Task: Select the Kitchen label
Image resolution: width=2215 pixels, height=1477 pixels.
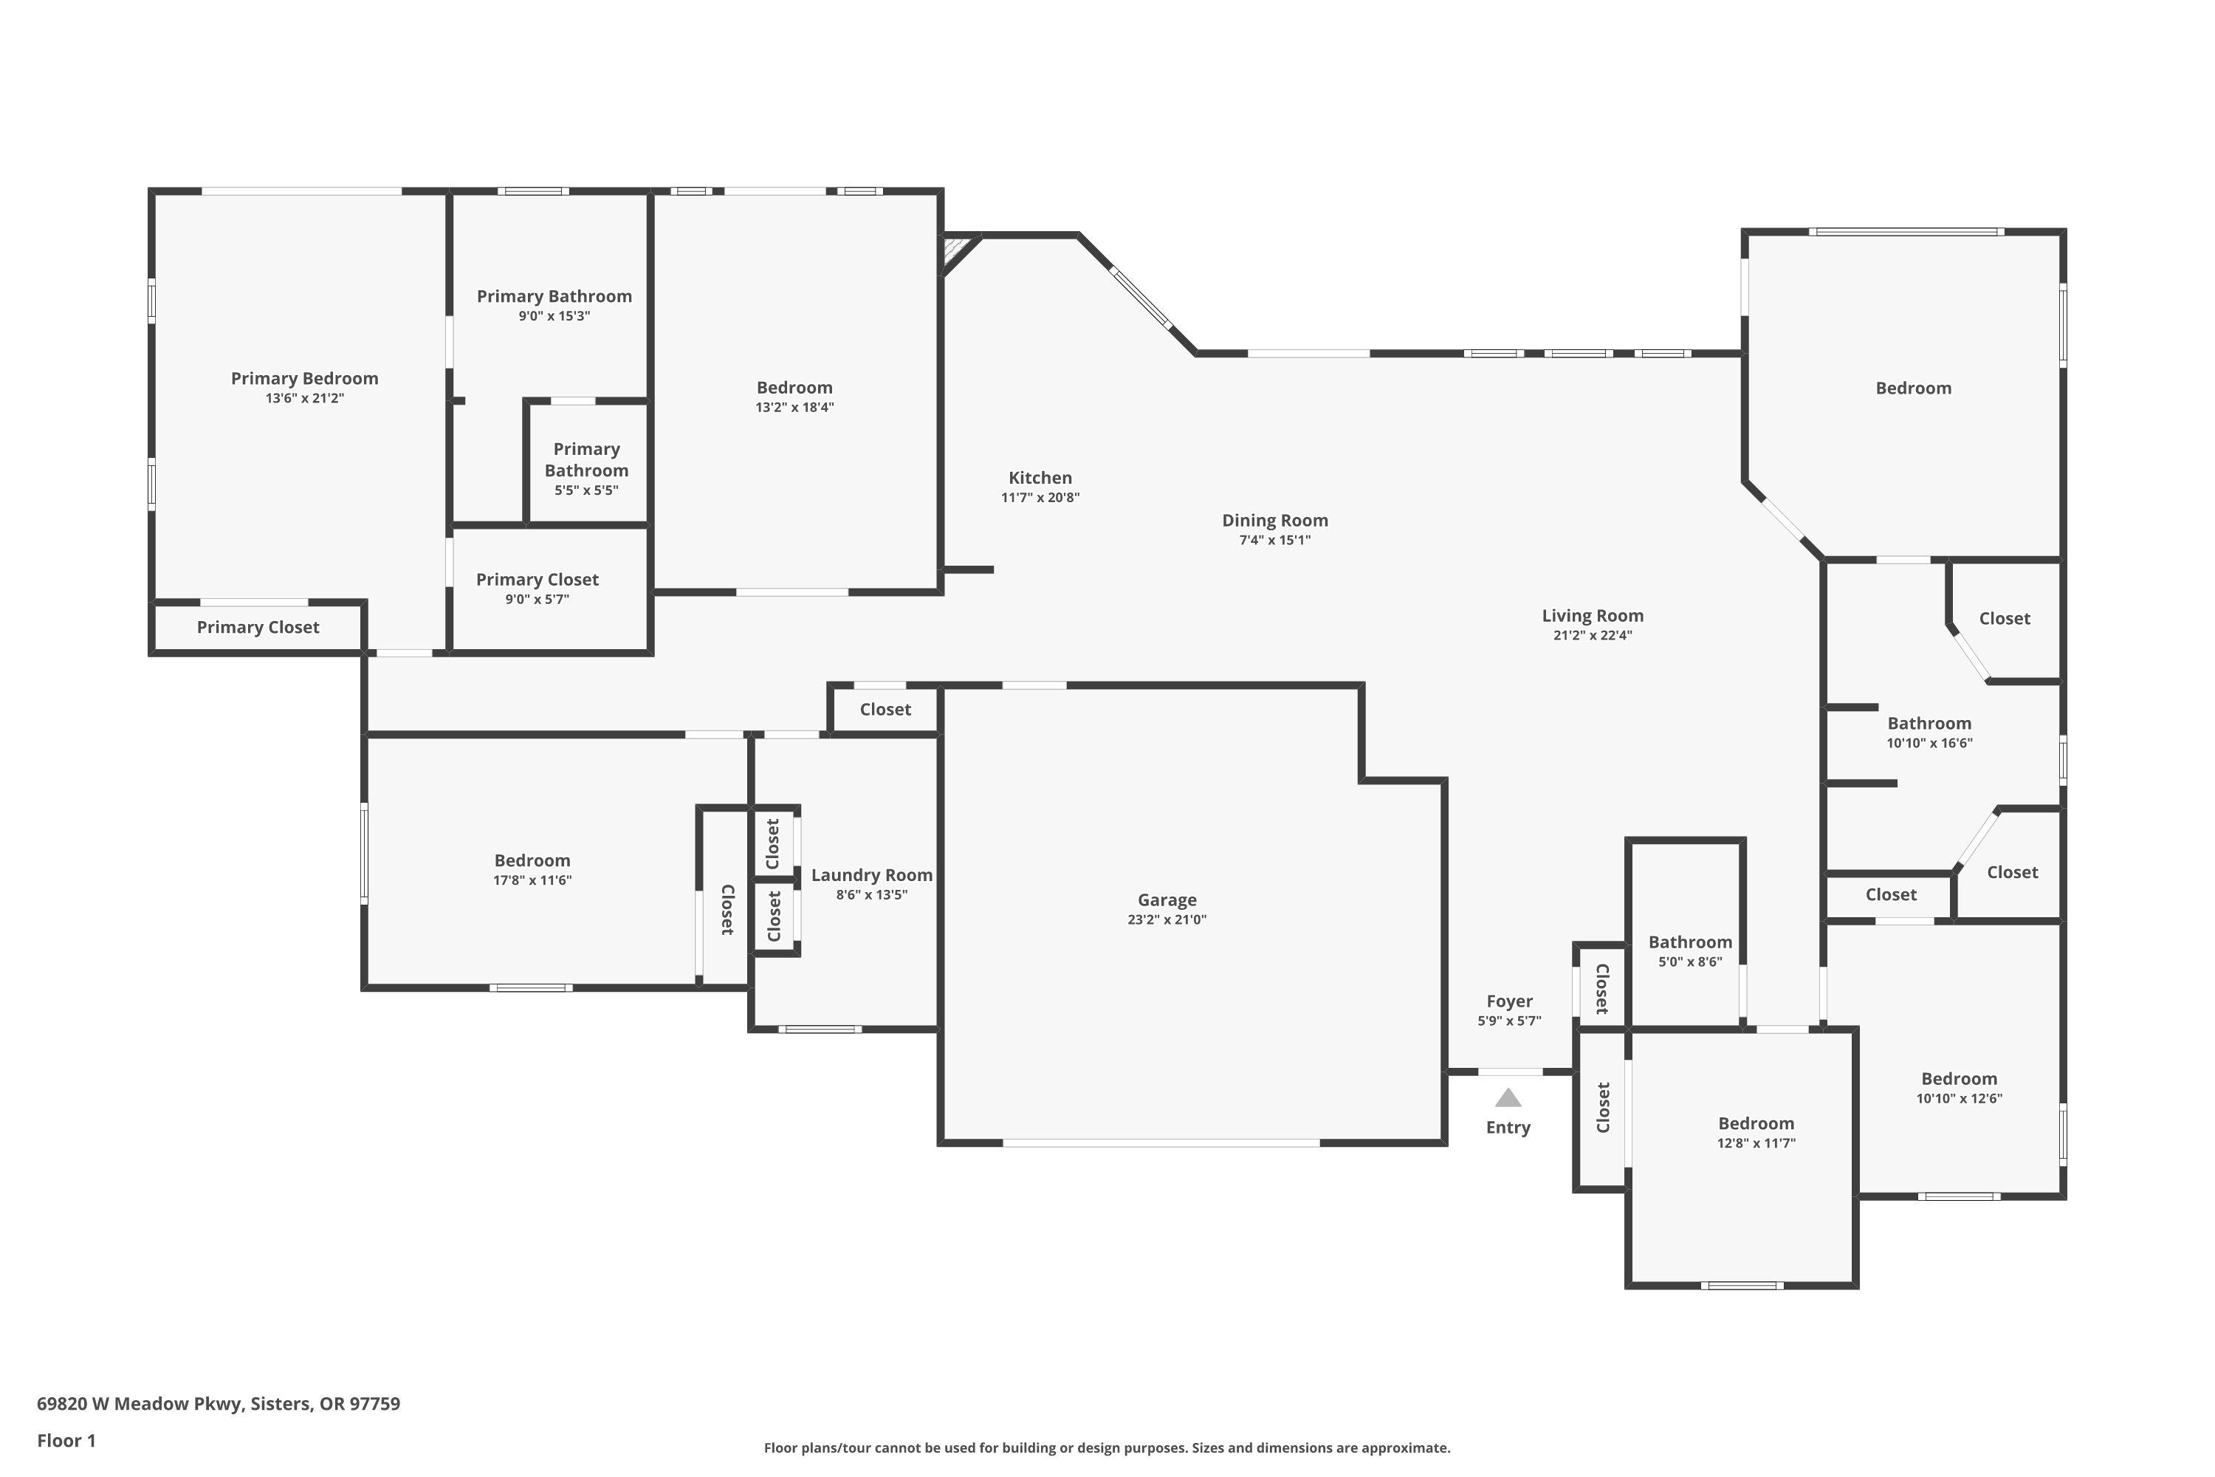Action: [x=1040, y=478]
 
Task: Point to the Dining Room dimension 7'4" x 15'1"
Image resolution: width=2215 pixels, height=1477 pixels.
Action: [x=1275, y=541]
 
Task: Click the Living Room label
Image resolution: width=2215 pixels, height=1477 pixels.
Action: [x=1593, y=616]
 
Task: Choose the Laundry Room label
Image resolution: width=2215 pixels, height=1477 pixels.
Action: [x=872, y=875]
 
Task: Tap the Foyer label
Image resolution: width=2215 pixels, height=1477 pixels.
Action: [x=1510, y=1001]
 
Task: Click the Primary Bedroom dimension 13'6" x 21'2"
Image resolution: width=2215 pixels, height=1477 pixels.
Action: [x=304, y=399]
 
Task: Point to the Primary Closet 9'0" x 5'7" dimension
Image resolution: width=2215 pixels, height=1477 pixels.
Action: [x=537, y=600]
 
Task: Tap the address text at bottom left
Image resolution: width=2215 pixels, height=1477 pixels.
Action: [x=219, y=1404]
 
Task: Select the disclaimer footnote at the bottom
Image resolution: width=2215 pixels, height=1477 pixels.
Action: [x=1107, y=1447]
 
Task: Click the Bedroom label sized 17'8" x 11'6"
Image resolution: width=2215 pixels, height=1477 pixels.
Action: [x=532, y=861]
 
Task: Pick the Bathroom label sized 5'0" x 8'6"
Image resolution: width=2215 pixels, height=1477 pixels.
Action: [x=1691, y=942]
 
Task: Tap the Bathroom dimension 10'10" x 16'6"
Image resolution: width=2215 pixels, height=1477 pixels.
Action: [x=1930, y=743]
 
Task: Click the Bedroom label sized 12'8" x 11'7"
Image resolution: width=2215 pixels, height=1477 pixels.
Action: [x=1756, y=1124]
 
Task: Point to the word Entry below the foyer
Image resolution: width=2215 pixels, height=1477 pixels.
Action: [x=1508, y=1128]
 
